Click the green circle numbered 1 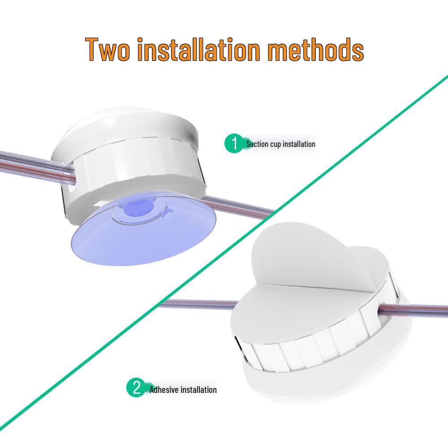(x=233, y=144)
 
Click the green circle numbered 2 (x=136, y=388)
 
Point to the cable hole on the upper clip (x=72, y=188)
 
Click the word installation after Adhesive (x=198, y=390)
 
